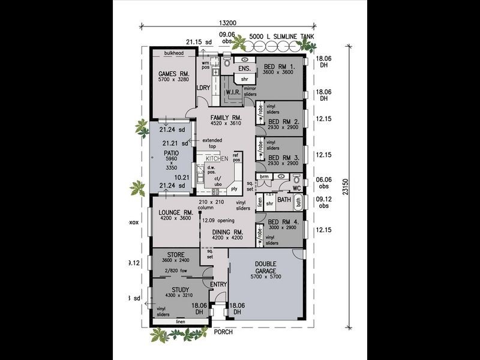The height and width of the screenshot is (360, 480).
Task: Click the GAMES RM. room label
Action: pyautogui.click(x=170, y=74)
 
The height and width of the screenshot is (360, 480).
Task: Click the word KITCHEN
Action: pyautogui.click(x=217, y=158)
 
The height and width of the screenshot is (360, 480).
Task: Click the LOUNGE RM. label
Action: pyautogui.click(x=175, y=212)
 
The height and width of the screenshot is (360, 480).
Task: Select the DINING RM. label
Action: pyautogui.click(x=226, y=232)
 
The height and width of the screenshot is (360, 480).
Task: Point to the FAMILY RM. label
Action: pyautogui.click(x=225, y=117)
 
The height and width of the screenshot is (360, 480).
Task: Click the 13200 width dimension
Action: pyautogui.click(x=227, y=24)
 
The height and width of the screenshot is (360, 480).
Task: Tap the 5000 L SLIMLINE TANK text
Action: pyautogui.click(x=281, y=37)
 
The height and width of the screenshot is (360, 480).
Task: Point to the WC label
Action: pyautogui.click(x=296, y=188)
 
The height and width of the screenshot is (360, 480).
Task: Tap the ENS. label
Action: pyautogui.click(x=244, y=68)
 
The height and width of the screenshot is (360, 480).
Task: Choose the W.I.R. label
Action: pyautogui.click(x=233, y=92)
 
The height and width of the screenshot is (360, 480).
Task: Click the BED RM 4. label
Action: pyautogui.click(x=283, y=222)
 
